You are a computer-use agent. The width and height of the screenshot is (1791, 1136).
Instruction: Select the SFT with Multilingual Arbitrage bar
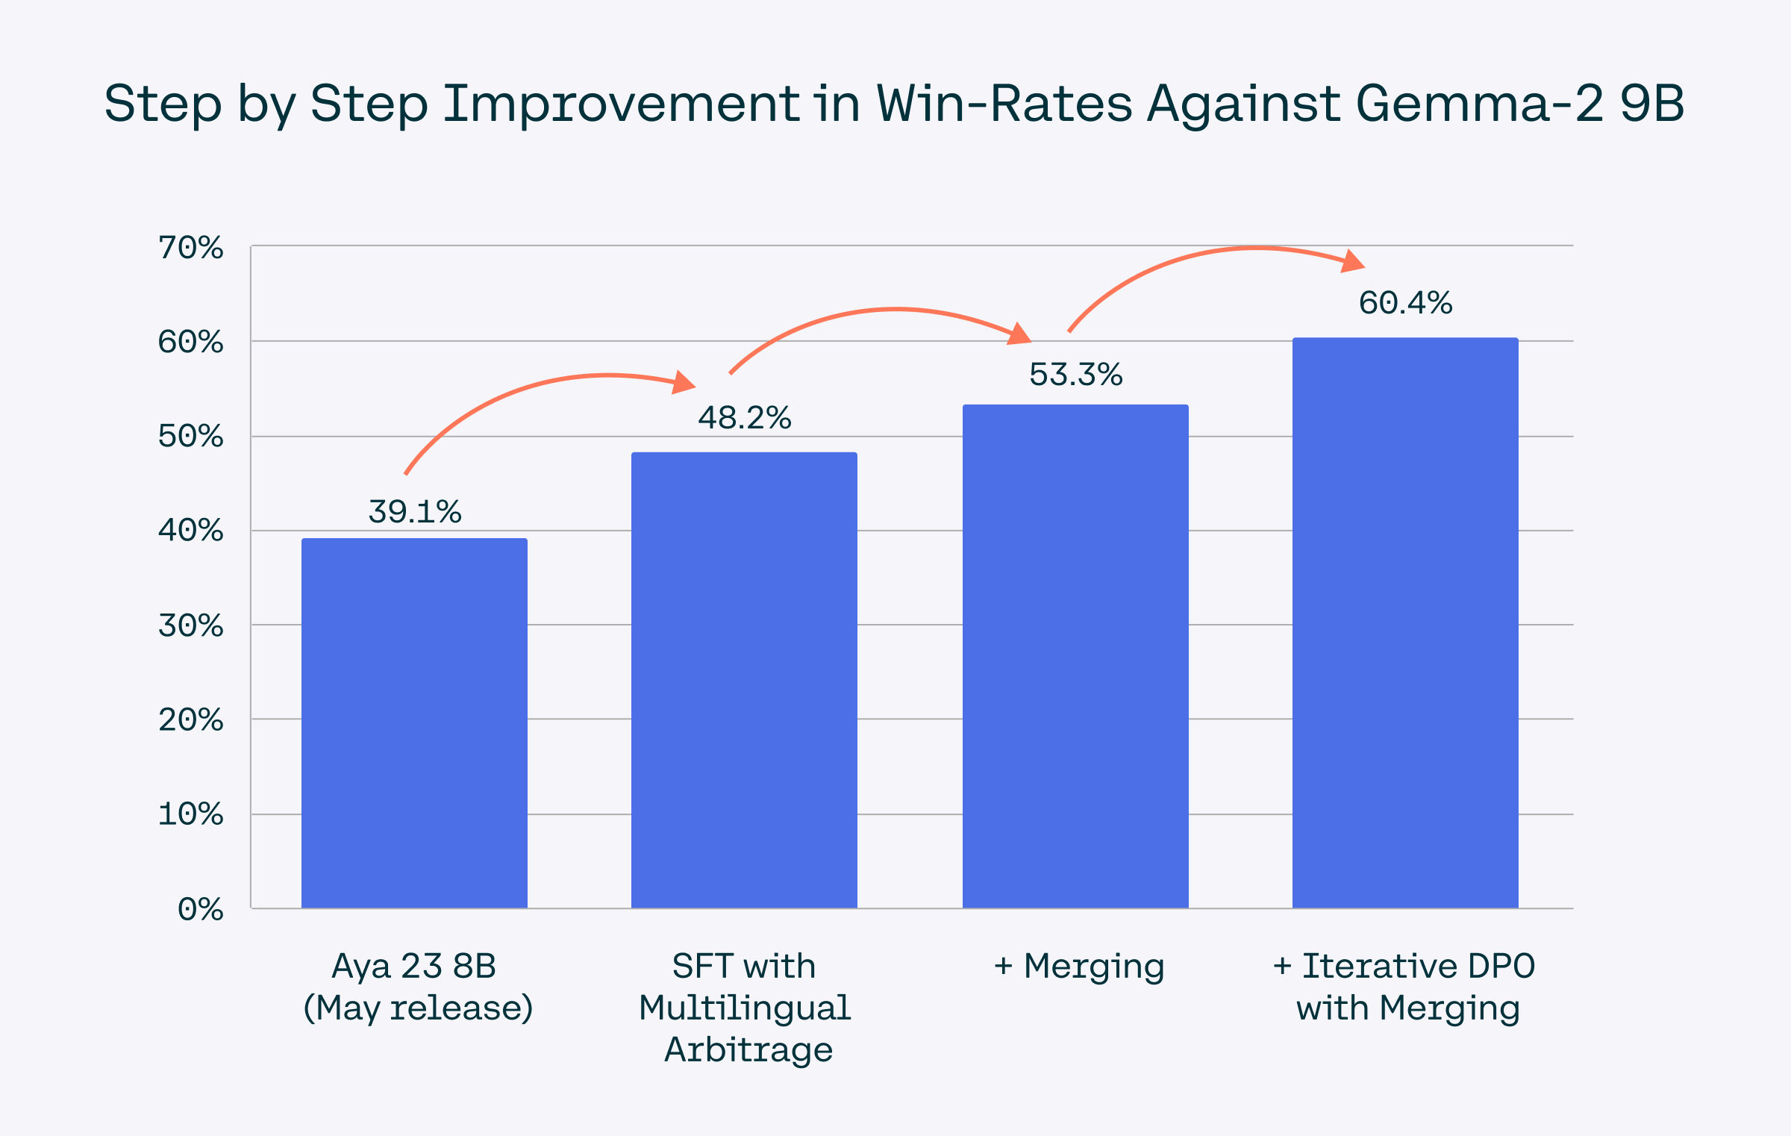point(744,679)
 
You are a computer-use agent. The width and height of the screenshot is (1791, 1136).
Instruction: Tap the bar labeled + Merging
point(1075,656)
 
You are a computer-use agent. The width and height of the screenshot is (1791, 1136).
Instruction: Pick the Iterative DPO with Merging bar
point(1405,622)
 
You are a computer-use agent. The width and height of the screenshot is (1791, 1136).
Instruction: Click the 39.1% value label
point(415,512)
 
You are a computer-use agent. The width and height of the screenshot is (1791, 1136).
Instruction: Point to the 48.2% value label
point(745,418)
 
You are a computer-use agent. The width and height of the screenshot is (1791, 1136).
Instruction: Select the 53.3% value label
point(1075,375)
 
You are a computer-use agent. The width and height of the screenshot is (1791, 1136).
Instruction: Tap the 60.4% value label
point(1405,303)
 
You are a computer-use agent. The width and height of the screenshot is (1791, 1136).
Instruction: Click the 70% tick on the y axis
point(191,248)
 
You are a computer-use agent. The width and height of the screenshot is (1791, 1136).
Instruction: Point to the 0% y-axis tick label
point(201,910)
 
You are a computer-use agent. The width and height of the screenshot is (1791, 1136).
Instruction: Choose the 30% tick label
point(191,626)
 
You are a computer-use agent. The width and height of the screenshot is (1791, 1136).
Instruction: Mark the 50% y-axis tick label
point(191,437)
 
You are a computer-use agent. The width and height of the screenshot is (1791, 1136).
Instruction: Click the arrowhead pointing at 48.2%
point(683,383)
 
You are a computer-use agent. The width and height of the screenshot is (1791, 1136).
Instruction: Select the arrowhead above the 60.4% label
point(1352,261)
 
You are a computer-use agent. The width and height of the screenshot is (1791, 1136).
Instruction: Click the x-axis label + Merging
point(1079,966)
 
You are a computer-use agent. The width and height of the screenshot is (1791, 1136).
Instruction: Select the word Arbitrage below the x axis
point(748,1049)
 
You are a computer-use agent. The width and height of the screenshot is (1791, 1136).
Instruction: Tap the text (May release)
point(418,1008)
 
